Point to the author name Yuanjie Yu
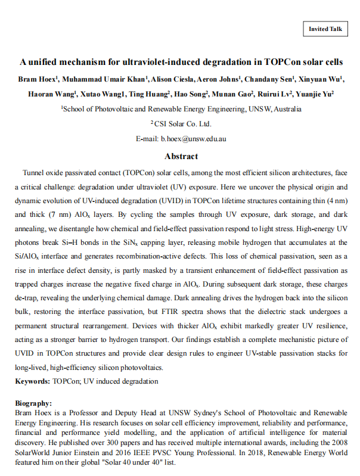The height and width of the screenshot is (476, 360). point(314,94)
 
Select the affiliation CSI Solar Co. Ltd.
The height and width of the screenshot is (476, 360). point(181,124)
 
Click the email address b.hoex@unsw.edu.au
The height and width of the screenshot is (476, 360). point(193,139)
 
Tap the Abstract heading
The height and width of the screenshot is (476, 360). point(181,156)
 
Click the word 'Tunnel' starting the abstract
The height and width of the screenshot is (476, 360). point(35,172)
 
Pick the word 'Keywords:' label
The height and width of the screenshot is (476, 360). point(32,381)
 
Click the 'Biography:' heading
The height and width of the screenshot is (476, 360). point(33,403)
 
